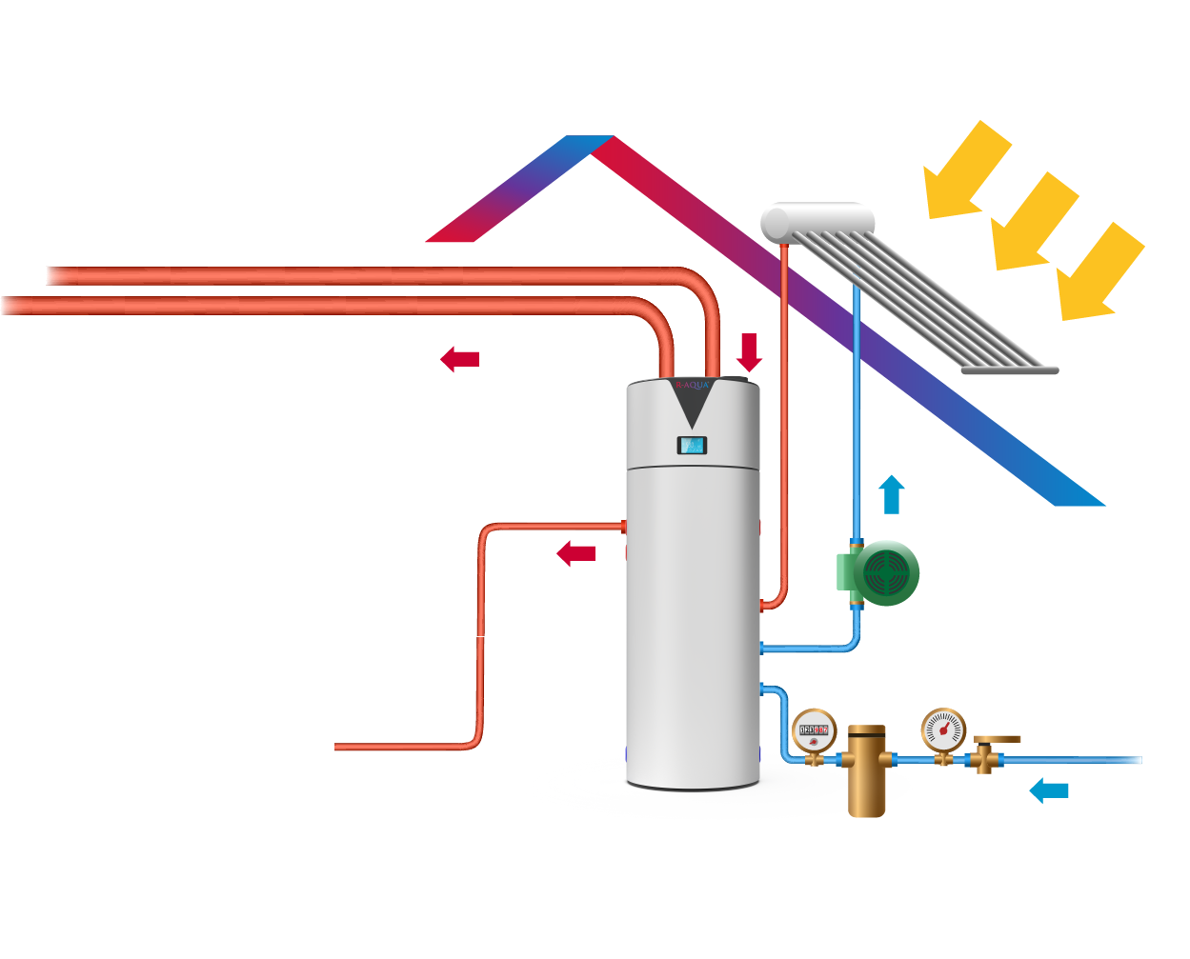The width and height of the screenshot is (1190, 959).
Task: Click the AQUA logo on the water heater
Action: coord(693,386)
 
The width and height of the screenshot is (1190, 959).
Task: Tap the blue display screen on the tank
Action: coord(692,445)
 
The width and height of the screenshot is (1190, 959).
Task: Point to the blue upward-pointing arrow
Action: coord(891,494)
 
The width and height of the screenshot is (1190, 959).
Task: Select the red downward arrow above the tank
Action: coord(750,351)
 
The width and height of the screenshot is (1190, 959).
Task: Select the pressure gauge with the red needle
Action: coord(943,730)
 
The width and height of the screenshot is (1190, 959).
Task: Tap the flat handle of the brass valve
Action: coord(998,739)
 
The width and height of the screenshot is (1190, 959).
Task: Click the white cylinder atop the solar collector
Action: coord(817,220)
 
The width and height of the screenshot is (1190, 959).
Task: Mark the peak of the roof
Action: coord(591,143)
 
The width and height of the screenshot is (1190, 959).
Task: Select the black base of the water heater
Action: coord(693,786)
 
